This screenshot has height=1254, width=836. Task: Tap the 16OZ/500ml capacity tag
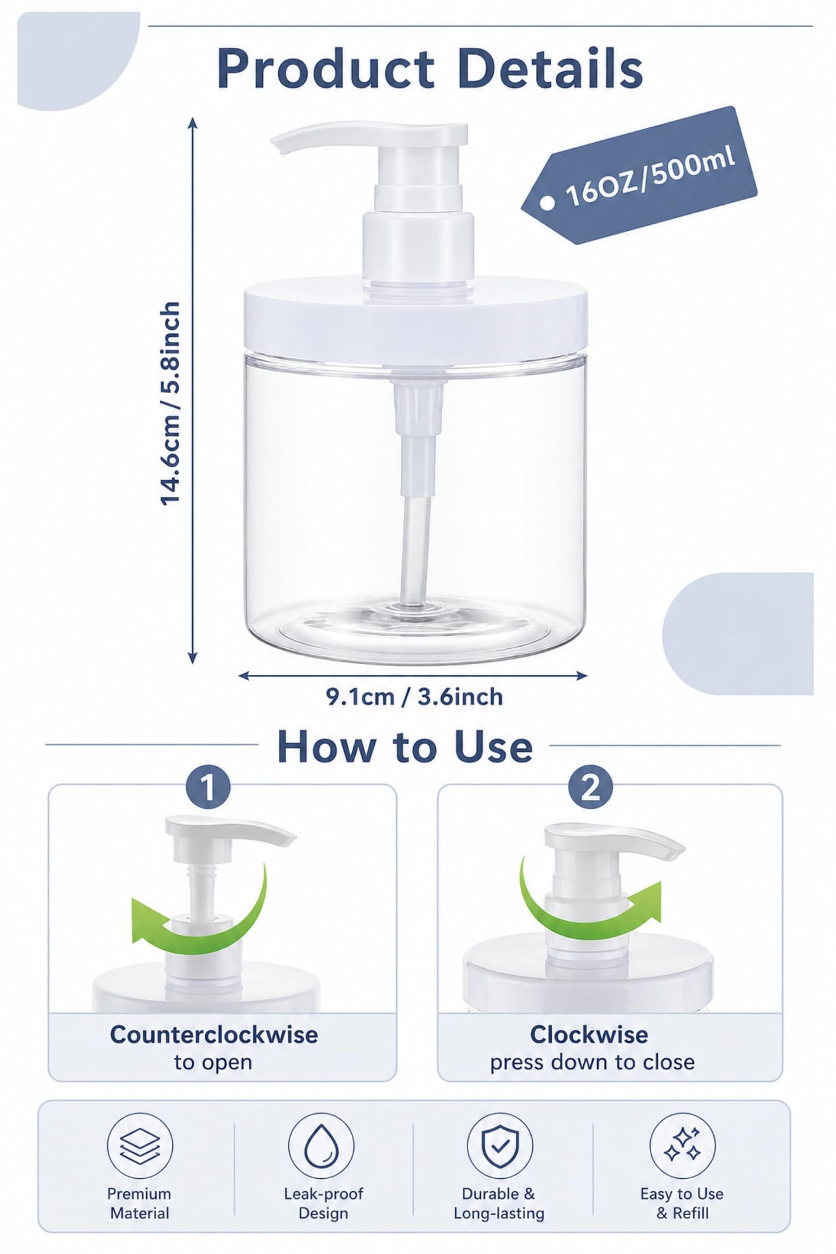point(639,175)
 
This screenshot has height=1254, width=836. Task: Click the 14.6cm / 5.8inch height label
point(171,404)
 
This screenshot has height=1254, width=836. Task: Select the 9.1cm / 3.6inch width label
point(414,697)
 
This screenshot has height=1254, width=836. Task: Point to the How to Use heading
point(404,747)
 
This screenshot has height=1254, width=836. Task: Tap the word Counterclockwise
point(214,1034)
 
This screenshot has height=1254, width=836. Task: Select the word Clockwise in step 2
point(589,1034)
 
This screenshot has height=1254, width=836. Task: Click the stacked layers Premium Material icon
point(140,1145)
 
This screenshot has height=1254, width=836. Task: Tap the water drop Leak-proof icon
point(321,1145)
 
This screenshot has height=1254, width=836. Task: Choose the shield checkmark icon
point(500,1145)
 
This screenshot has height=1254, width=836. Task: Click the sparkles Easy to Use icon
point(682,1145)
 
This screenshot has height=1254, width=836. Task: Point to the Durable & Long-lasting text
point(499,1203)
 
